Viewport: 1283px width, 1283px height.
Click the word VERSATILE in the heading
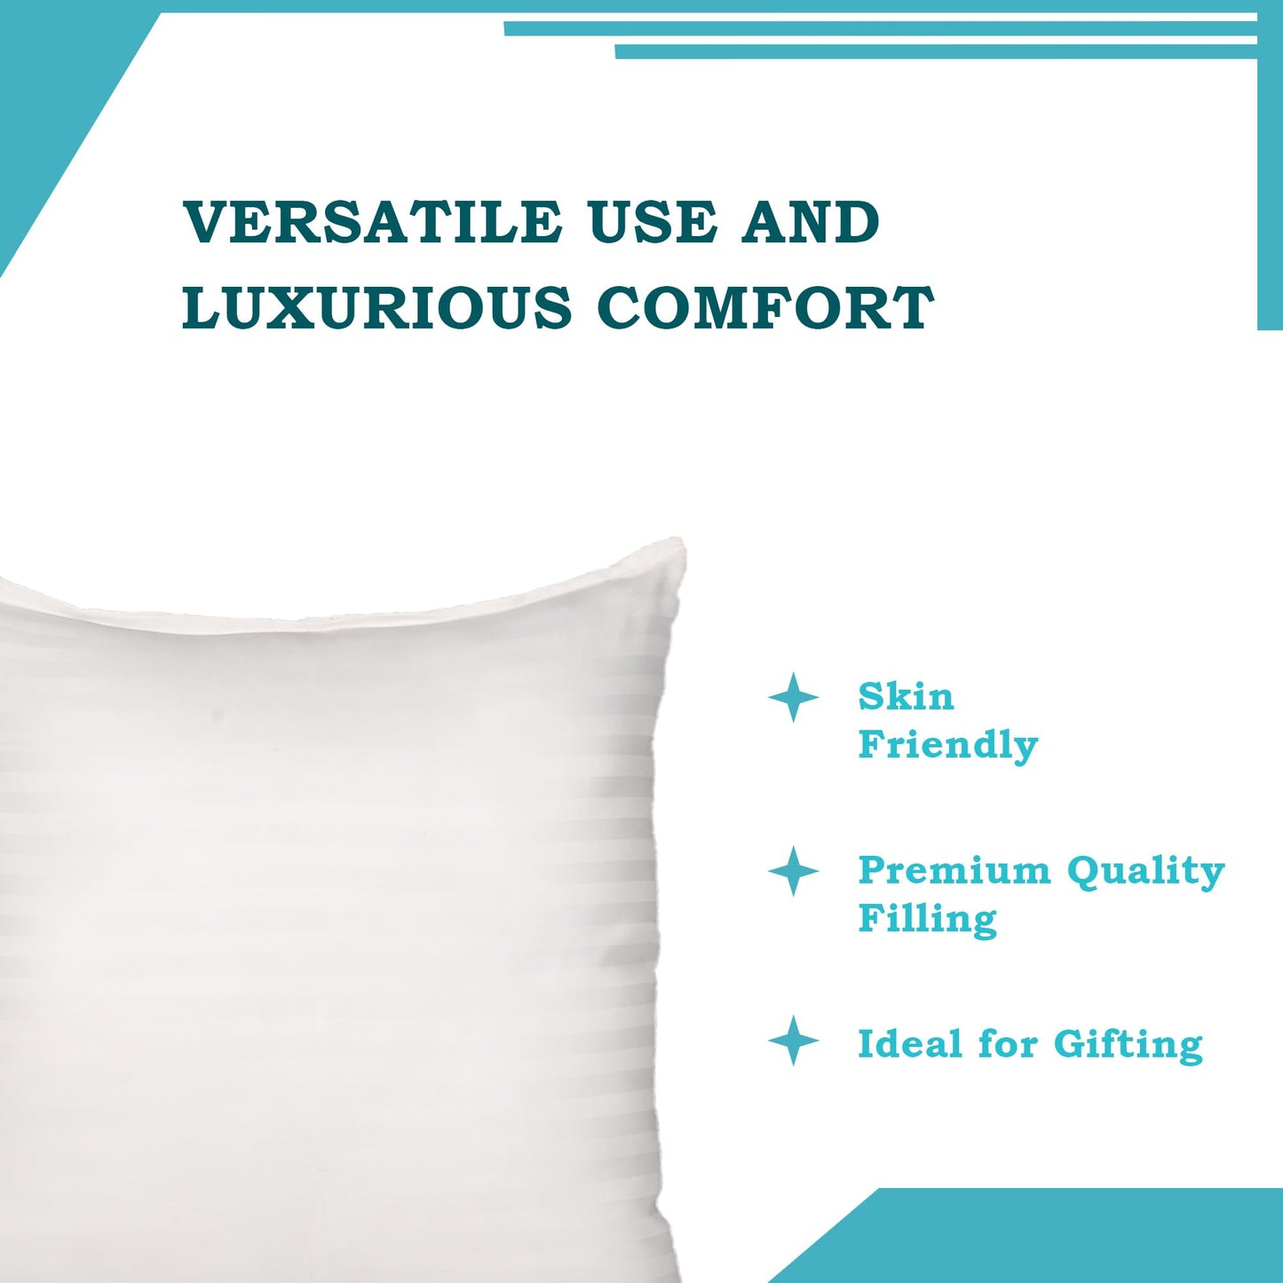point(372,222)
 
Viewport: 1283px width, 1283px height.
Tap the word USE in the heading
point(653,222)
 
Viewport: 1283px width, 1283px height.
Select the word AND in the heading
point(811,222)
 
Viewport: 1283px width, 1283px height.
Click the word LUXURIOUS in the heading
point(376,307)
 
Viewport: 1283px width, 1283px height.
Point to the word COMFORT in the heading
point(765,307)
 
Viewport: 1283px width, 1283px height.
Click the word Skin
point(906,697)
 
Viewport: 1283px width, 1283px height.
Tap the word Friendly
point(947,745)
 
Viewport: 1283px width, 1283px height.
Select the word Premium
point(954,870)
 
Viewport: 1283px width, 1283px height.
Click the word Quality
point(1145,872)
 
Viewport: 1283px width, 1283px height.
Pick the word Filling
point(927,919)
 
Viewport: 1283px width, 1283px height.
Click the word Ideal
point(910,1044)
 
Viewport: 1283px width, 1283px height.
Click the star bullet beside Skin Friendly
point(793,698)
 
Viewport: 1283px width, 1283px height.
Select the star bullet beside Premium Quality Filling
point(793,871)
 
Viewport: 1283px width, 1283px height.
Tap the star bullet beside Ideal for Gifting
point(793,1041)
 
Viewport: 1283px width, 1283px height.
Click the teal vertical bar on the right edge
point(1270,178)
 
